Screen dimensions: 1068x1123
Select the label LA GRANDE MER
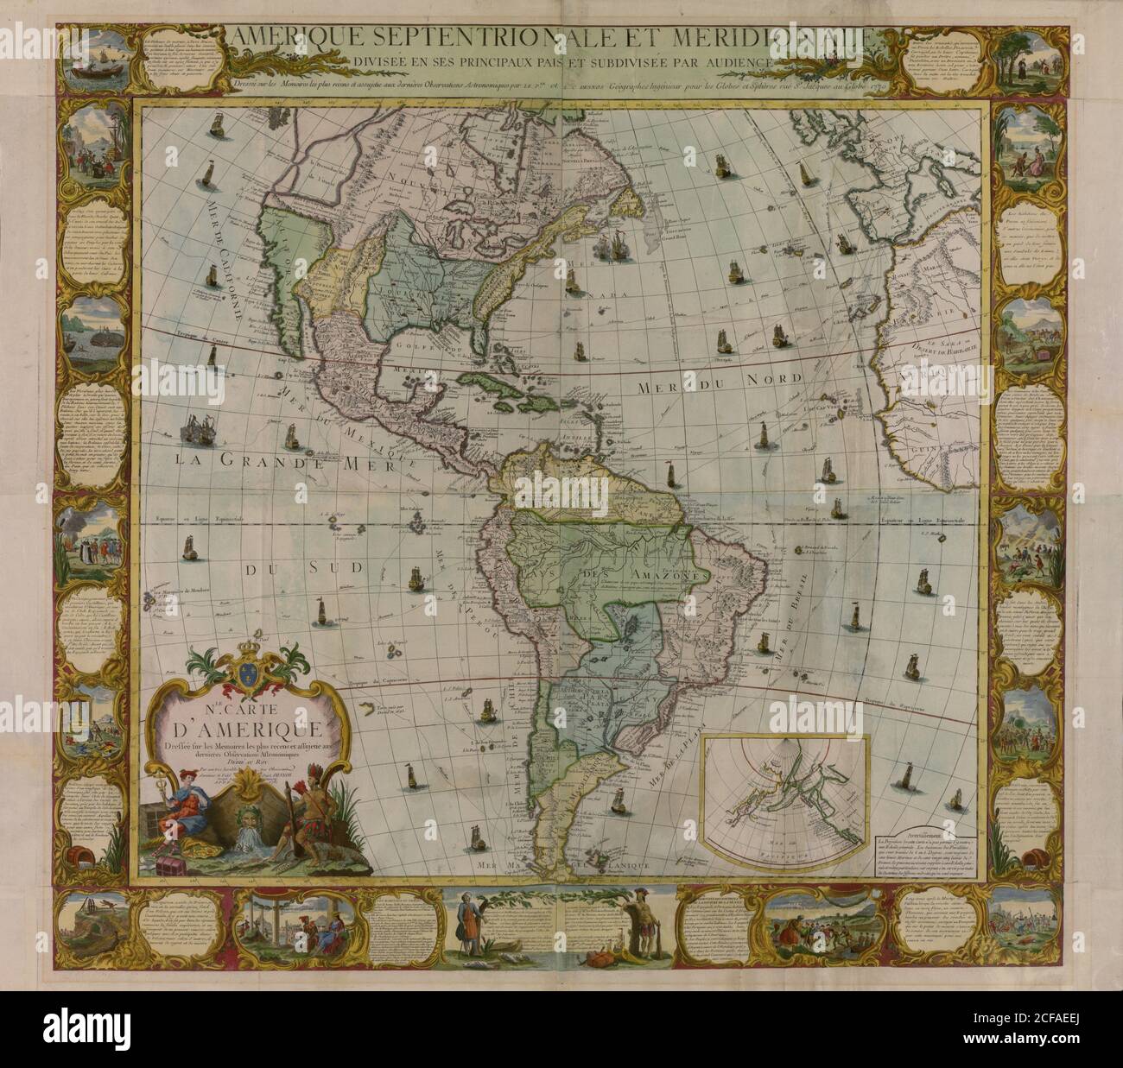click(x=285, y=463)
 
